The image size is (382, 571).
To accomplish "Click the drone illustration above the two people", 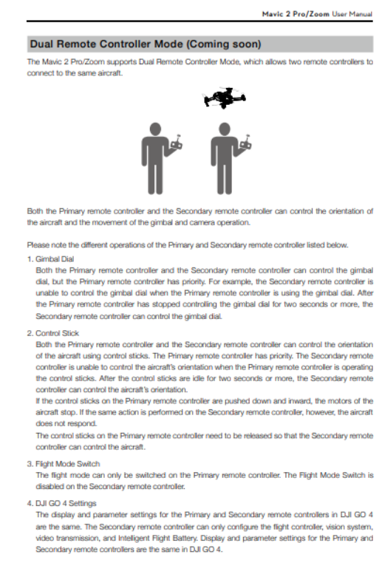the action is [x=225, y=98].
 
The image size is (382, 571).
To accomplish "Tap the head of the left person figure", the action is [x=155, y=129].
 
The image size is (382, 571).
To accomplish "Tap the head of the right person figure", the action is [x=225, y=129].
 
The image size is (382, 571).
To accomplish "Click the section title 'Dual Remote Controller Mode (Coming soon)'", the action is [x=146, y=44].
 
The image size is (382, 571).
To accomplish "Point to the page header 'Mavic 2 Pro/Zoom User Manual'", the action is [x=317, y=14].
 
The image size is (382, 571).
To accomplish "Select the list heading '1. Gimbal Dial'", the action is [x=51, y=259].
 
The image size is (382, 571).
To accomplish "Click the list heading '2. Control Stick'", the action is [x=53, y=333].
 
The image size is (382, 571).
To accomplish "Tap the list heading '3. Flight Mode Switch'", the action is [x=64, y=464].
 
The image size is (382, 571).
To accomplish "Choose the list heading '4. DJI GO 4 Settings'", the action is [x=62, y=503].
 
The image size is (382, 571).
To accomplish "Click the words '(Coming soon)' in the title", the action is [x=224, y=44].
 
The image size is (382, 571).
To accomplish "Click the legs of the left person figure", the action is [x=155, y=178].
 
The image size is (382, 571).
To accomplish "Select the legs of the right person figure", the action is [x=225, y=178].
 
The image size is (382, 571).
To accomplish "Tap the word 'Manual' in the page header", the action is [x=361, y=14].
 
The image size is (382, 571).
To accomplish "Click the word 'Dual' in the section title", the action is [x=42, y=44].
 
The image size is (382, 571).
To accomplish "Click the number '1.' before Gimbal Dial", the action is [x=30, y=259].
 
